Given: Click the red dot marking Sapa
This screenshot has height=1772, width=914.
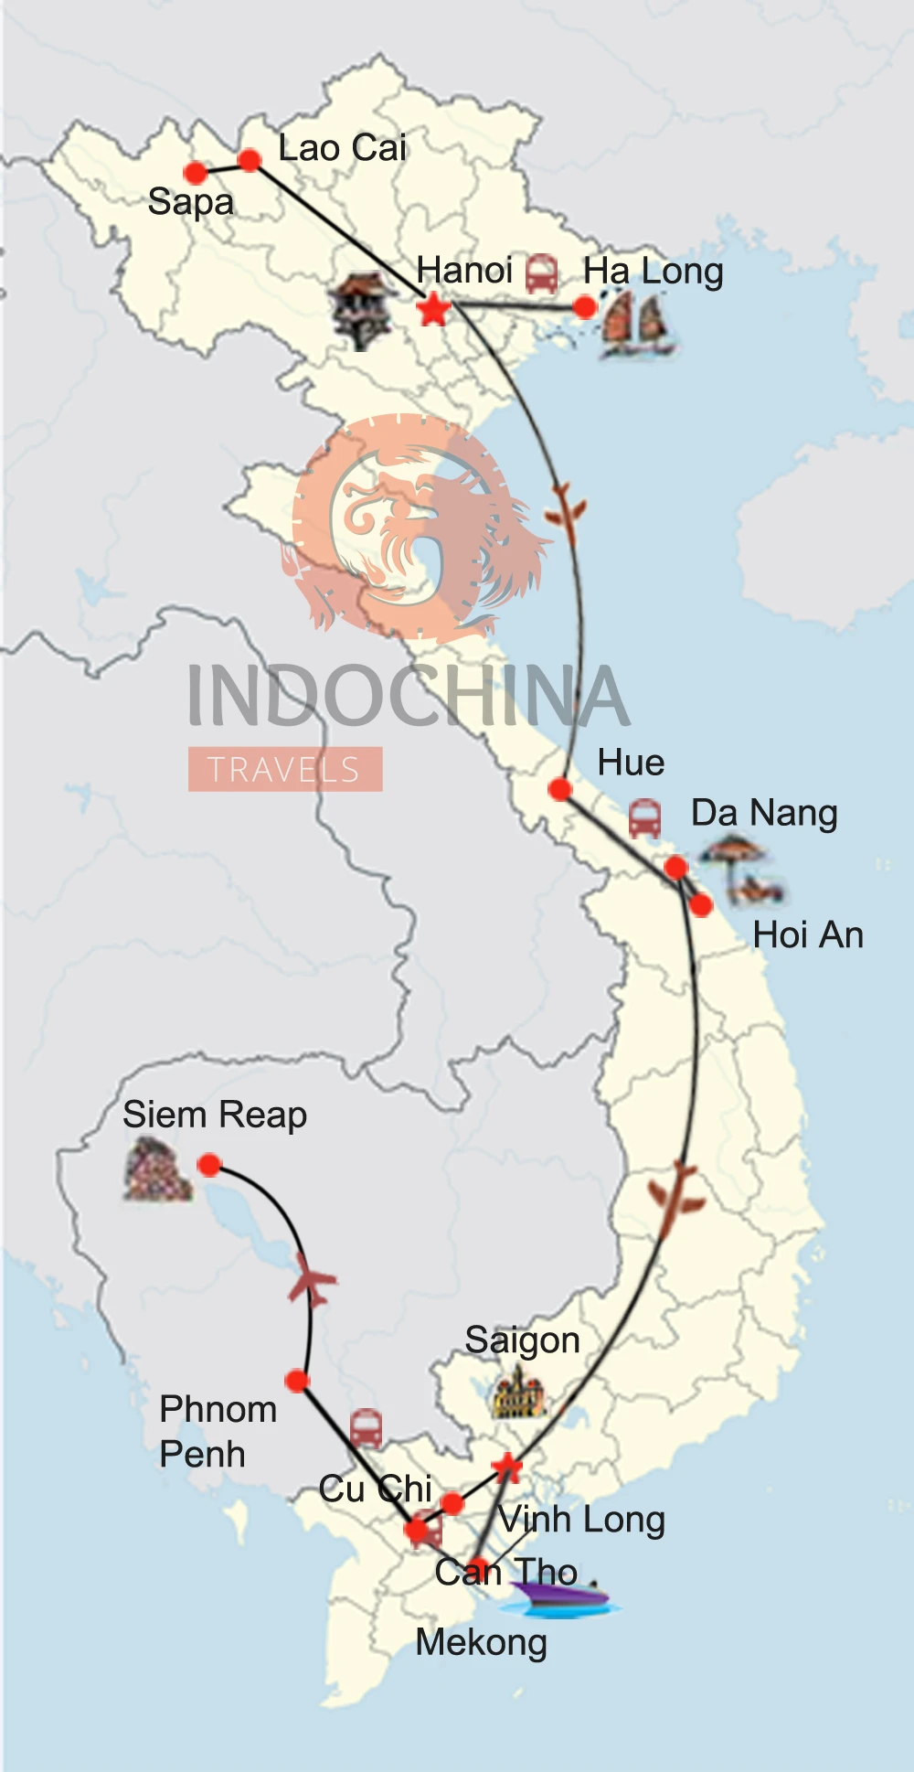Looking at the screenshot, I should pyautogui.click(x=195, y=172).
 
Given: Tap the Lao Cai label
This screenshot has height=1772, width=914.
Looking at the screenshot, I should pyautogui.click(x=342, y=148).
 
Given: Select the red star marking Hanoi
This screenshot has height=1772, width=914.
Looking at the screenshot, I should pyautogui.click(x=433, y=309).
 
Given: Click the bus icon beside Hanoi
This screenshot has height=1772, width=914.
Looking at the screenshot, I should pyautogui.click(x=541, y=273).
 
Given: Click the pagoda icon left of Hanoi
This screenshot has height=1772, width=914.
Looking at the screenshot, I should pyautogui.click(x=363, y=310).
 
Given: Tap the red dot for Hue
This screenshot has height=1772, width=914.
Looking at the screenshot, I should pyautogui.click(x=560, y=789).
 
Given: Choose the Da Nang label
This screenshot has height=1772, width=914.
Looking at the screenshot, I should pyautogui.click(x=764, y=813).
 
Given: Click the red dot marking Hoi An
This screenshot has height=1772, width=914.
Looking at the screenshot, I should pyautogui.click(x=701, y=905).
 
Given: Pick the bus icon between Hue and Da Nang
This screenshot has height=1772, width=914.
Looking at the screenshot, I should pyautogui.click(x=644, y=817).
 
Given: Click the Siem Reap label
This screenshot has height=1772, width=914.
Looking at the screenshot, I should pyautogui.click(x=215, y=1116).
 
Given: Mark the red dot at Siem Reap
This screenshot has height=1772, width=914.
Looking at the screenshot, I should pyautogui.click(x=209, y=1165).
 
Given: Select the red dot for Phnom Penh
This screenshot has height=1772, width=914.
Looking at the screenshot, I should pyautogui.click(x=297, y=1381).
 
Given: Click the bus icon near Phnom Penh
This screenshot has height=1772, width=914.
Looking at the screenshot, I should pyautogui.click(x=366, y=1427).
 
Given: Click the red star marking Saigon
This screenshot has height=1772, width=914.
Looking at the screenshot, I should pyautogui.click(x=506, y=1468).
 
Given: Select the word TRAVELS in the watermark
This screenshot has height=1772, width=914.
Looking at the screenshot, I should pyautogui.click(x=284, y=770).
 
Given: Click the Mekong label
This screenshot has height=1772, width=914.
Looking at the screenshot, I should pyautogui.click(x=481, y=1643).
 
